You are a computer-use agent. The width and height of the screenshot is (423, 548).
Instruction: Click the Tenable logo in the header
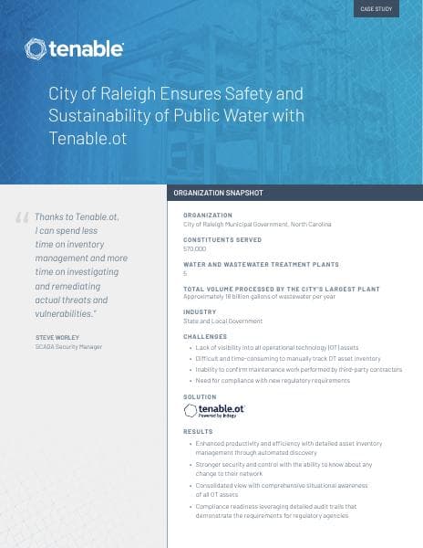tap(75, 47)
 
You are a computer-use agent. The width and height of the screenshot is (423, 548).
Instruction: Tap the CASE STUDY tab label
tap(376, 8)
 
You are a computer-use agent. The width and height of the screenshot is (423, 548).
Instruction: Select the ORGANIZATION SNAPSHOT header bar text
tap(218, 194)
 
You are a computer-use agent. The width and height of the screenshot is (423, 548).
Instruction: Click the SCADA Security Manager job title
tap(68, 347)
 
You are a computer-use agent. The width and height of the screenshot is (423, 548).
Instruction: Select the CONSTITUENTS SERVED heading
tap(222, 239)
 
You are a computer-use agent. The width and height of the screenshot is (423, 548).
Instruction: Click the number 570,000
tap(195, 248)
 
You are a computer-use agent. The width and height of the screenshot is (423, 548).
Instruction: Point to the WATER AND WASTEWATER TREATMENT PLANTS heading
tap(261, 264)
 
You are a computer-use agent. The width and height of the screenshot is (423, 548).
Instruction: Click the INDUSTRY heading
tap(200, 312)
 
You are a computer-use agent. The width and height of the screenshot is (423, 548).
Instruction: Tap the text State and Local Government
tap(222, 321)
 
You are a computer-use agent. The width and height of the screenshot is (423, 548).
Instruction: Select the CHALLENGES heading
tap(205, 337)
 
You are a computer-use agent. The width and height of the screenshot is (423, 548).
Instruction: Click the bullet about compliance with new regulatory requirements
tap(273, 380)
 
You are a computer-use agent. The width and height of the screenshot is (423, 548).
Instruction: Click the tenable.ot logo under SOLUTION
tap(214, 412)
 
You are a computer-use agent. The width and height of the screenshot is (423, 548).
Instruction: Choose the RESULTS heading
tap(198, 431)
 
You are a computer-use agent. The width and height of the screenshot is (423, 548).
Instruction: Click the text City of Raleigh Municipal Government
tap(257, 224)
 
